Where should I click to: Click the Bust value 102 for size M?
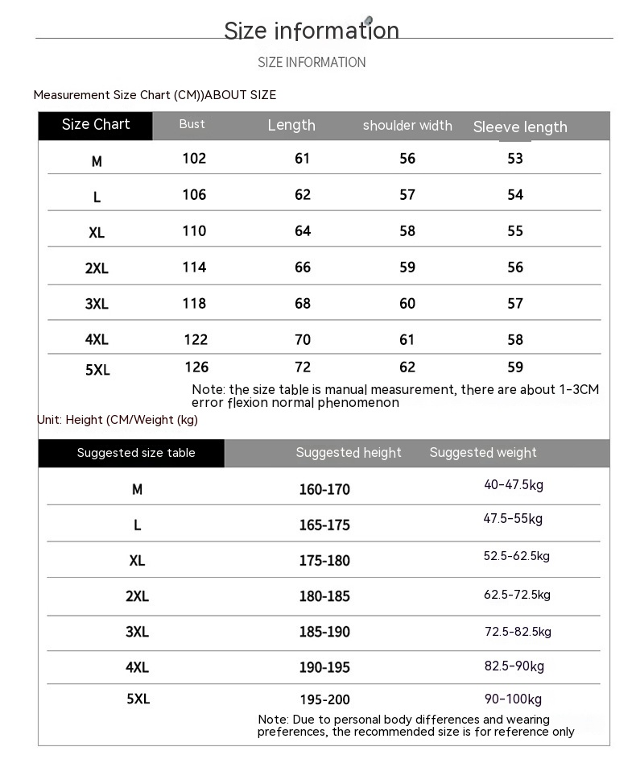(x=194, y=159)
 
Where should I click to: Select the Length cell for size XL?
(x=303, y=231)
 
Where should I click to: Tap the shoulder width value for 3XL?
(x=407, y=304)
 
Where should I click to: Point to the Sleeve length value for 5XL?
(x=515, y=367)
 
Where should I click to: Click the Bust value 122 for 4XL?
(x=196, y=340)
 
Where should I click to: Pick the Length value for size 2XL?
(x=303, y=268)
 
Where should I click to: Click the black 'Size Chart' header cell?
(x=96, y=125)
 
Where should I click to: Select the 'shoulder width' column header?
(x=407, y=126)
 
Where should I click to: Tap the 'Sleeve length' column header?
(x=520, y=127)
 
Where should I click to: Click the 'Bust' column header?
(x=192, y=124)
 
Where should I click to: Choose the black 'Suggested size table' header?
(x=136, y=453)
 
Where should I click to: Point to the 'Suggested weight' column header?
(x=483, y=453)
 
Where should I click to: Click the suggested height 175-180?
(x=324, y=561)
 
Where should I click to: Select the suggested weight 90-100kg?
(x=513, y=699)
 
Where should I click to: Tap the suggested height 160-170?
(x=324, y=490)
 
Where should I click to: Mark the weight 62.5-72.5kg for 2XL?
(x=517, y=595)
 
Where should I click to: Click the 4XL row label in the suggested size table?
(x=137, y=668)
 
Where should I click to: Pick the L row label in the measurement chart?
(x=97, y=197)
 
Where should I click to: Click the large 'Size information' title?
(x=312, y=31)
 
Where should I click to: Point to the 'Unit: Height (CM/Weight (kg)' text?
(x=118, y=420)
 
